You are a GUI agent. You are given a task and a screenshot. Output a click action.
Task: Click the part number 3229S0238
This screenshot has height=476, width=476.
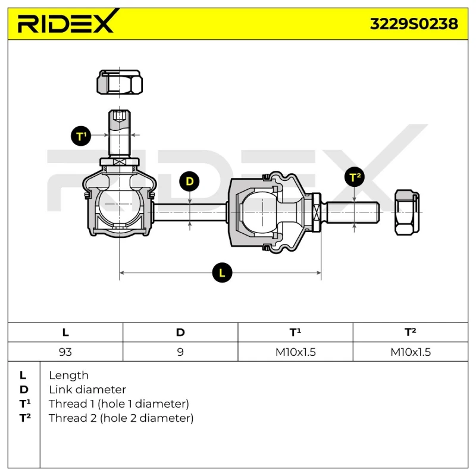pyautogui.click(x=414, y=24)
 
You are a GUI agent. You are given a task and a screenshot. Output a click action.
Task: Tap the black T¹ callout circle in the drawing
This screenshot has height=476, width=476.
pyautogui.click(x=82, y=136)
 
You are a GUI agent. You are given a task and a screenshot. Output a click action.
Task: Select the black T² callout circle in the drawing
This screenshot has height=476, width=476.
pyautogui.click(x=355, y=177)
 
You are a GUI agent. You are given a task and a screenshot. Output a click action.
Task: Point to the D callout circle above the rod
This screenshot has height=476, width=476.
pyautogui.click(x=190, y=181)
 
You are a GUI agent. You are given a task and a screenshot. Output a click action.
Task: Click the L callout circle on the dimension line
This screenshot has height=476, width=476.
pyautogui.click(x=222, y=273)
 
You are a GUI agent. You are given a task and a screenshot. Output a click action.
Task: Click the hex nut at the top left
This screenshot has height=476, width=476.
pyautogui.click(x=120, y=82)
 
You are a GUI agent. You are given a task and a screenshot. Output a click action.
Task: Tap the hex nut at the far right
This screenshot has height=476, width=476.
pyautogui.click(x=406, y=212)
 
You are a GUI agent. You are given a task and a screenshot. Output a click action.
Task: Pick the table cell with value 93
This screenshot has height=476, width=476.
pyautogui.click(x=65, y=352)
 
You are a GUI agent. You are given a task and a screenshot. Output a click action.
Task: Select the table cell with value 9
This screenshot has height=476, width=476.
pyautogui.click(x=180, y=352)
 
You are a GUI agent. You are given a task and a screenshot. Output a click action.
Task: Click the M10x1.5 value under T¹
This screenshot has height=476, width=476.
pyautogui.click(x=295, y=352)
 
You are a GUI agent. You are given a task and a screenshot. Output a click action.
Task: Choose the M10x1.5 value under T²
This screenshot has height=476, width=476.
pyautogui.click(x=411, y=352)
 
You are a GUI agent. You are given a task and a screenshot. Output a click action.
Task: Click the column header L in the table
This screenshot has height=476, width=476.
pyautogui.click(x=65, y=333)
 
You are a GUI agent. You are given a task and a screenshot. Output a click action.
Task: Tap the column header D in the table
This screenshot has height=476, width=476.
pyautogui.click(x=180, y=333)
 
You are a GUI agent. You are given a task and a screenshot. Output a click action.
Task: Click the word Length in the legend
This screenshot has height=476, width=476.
pyautogui.click(x=68, y=375)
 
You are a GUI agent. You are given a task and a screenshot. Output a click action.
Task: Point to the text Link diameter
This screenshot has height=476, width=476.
pyautogui.click(x=87, y=390)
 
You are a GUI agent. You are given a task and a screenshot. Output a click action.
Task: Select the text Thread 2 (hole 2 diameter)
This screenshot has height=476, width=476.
pyautogui.click(x=121, y=418)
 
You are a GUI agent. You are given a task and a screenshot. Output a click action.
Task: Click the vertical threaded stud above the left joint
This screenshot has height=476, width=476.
pyautogui.click(x=119, y=134)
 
